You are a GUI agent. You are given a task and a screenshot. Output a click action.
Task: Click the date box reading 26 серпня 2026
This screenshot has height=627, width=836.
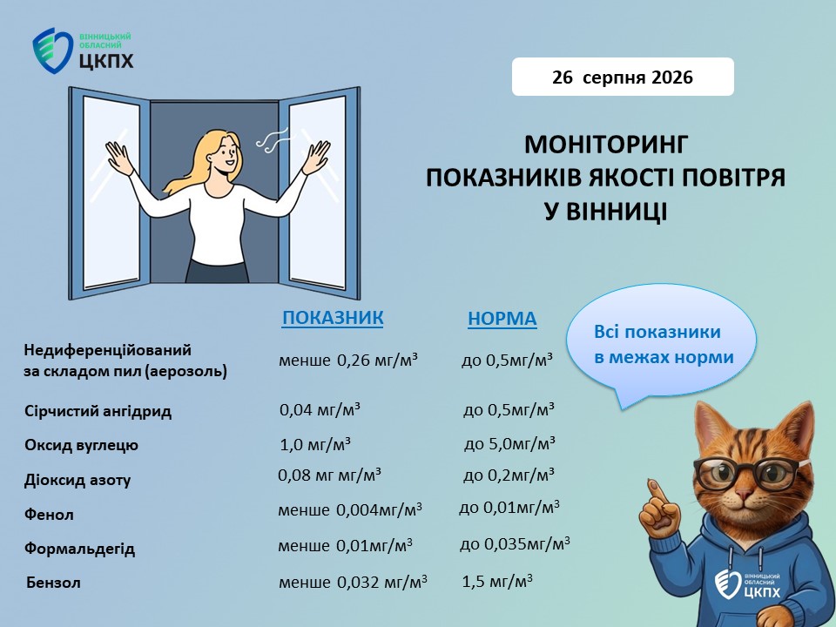[x=623, y=77]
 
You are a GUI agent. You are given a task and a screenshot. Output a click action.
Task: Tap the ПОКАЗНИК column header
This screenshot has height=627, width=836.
[x=333, y=317]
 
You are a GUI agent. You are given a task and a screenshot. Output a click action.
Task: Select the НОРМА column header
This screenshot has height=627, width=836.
[x=502, y=319]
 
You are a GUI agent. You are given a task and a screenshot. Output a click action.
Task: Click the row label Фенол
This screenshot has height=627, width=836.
[x=49, y=515]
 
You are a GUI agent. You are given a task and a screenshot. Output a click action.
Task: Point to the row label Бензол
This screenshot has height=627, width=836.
[x=53, y=583]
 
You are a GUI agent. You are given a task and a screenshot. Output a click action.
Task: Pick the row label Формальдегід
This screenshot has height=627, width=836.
[x=79, y=549]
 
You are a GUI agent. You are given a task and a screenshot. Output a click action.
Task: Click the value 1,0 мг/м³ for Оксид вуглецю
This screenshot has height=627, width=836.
[x=315, y=444]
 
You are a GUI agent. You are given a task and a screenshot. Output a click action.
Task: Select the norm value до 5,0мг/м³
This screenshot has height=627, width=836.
[x=509, y=443]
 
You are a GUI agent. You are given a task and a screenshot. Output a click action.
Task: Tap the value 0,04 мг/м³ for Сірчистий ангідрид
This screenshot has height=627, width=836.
[x=320, y=410]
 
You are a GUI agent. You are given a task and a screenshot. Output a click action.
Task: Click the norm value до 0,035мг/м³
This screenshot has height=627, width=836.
[x=515, y=543]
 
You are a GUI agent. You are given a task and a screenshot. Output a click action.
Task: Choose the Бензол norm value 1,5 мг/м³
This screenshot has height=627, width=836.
[x=497, y=581]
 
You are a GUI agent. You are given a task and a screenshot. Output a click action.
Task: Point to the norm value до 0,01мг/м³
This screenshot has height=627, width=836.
[x=509, y=508]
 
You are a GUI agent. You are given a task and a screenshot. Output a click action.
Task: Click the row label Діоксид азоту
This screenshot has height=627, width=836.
[x=78, y=481]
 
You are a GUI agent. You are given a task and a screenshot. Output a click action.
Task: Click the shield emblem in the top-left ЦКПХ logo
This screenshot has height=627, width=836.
[x=51, y=51]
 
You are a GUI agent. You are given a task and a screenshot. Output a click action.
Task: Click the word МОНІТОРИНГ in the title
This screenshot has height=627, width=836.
[x=606, y=145]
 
